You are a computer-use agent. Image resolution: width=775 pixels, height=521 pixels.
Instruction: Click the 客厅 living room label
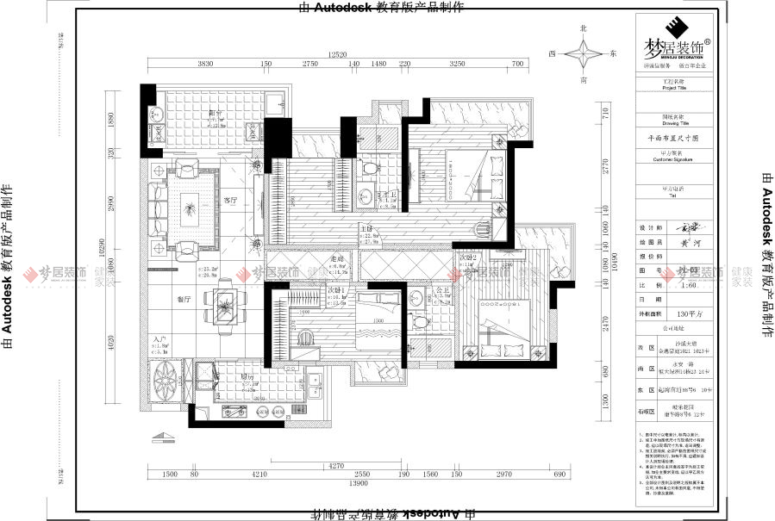tap(229, 200)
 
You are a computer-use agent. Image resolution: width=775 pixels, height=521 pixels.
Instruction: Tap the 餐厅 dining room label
tap(183, 300)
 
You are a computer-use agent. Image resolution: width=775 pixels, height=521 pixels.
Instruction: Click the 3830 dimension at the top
tap(205, 65)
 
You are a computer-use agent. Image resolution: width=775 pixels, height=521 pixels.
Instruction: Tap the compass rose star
tap(584, 53)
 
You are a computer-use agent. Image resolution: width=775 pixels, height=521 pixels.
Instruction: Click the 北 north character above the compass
tap(584, 28)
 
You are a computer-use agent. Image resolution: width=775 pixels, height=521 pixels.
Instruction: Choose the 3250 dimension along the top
tap(457, 65)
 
